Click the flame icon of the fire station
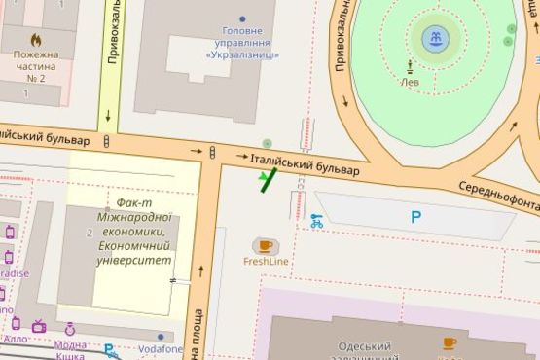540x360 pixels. tap(37, 41)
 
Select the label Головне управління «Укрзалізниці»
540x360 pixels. tap(242, 43)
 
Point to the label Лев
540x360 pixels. tap(411, 83)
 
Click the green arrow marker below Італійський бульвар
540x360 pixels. tap(266, 179)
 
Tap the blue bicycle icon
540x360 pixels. tap(316, 221)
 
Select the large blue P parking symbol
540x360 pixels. tap(415, 218)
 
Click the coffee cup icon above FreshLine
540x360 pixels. tap(265, 245)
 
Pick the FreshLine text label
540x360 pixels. tap(265, 262)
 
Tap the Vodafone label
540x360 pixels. tap(161, 348)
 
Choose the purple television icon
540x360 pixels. tap(39, 326)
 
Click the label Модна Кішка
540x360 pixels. tap(69, 350)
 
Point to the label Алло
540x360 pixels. tap(16, 339)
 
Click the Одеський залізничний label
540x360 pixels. tap(364, 347)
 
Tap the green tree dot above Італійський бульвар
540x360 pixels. tap(267, 144)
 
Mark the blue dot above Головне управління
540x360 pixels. tap(242, 18)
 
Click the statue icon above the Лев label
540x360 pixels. tap(411, 67)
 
